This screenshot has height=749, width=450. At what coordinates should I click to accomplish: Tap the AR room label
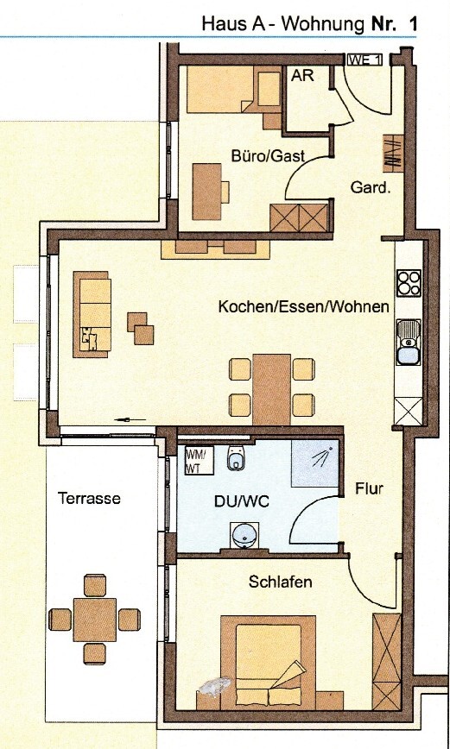[302, 76]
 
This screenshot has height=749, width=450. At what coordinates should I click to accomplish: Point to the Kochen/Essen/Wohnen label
[303, 307]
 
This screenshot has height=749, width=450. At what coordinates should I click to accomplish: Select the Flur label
[369, 489]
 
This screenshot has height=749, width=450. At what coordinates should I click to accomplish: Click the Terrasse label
[89, 499]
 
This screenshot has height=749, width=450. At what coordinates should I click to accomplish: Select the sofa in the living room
[93, 313]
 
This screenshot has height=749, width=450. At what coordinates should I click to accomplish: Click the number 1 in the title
[413, 24]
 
